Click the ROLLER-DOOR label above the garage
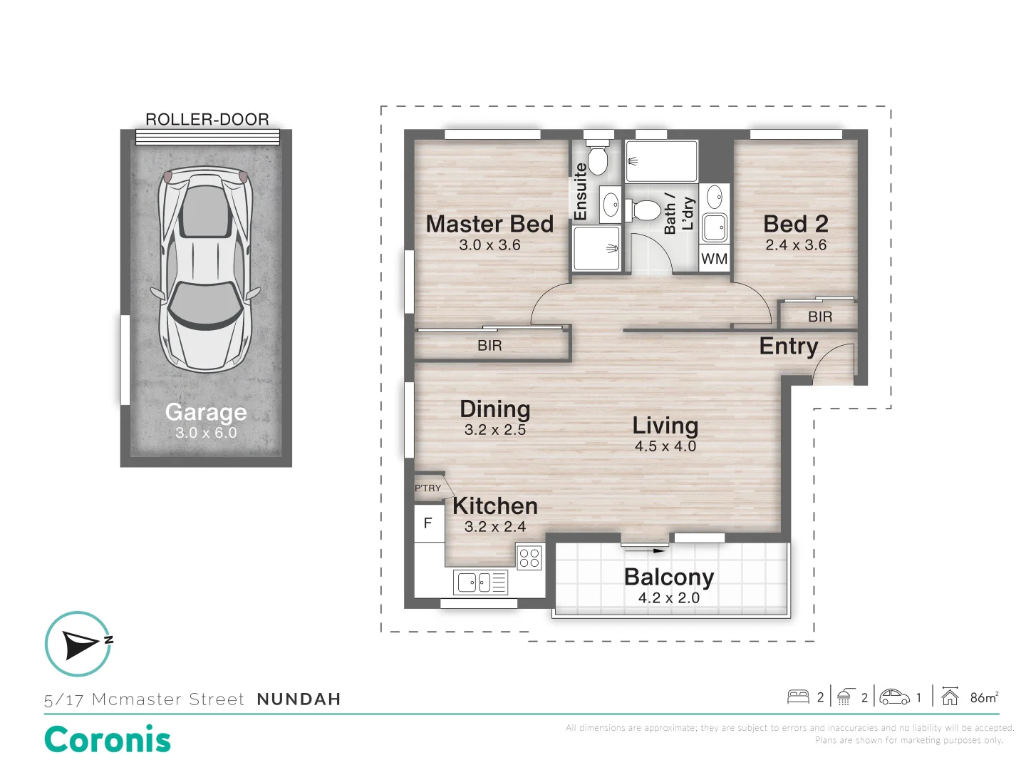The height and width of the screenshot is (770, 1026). [207, 119]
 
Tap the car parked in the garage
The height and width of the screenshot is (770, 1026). [206, 270]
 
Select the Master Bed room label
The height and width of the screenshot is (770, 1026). [489, 223]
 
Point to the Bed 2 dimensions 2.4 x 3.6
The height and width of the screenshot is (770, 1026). [796, 245]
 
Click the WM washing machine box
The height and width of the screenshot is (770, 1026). [714, 259]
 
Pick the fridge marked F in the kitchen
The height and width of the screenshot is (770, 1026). [429, 523]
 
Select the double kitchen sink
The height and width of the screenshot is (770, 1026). [480, 582]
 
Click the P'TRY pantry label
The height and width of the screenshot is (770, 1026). [427, 488]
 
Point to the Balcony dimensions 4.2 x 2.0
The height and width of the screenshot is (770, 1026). [668, 598]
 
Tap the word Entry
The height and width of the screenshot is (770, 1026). [789, 346]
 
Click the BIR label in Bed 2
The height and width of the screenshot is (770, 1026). [820, 317]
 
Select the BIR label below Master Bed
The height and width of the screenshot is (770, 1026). [489, 346]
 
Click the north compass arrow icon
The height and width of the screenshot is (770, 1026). [79, 644]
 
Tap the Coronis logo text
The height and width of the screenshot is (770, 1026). [108, 739]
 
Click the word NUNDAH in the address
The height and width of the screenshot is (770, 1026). [299, 699]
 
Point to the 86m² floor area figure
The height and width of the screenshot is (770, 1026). [985, 697]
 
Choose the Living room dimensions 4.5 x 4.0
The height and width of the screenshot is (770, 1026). [665, 446]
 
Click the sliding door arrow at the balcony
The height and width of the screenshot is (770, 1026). [643, 550]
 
